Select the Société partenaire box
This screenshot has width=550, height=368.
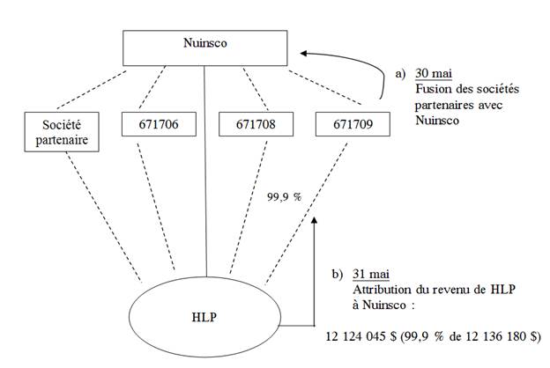pyautogui.click(x=59, y=133)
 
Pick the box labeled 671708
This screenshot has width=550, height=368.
pyautogui.click(x=254, y=125)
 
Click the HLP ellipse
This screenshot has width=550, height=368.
pyautogui.click(x=204, y=313)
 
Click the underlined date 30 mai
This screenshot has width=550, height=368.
pyautogui.click(x=434, y=72)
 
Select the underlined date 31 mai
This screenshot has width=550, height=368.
pyautogui.click(x=371, y=274)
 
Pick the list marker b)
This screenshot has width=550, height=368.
pyautogui.click(x=338, y=274)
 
